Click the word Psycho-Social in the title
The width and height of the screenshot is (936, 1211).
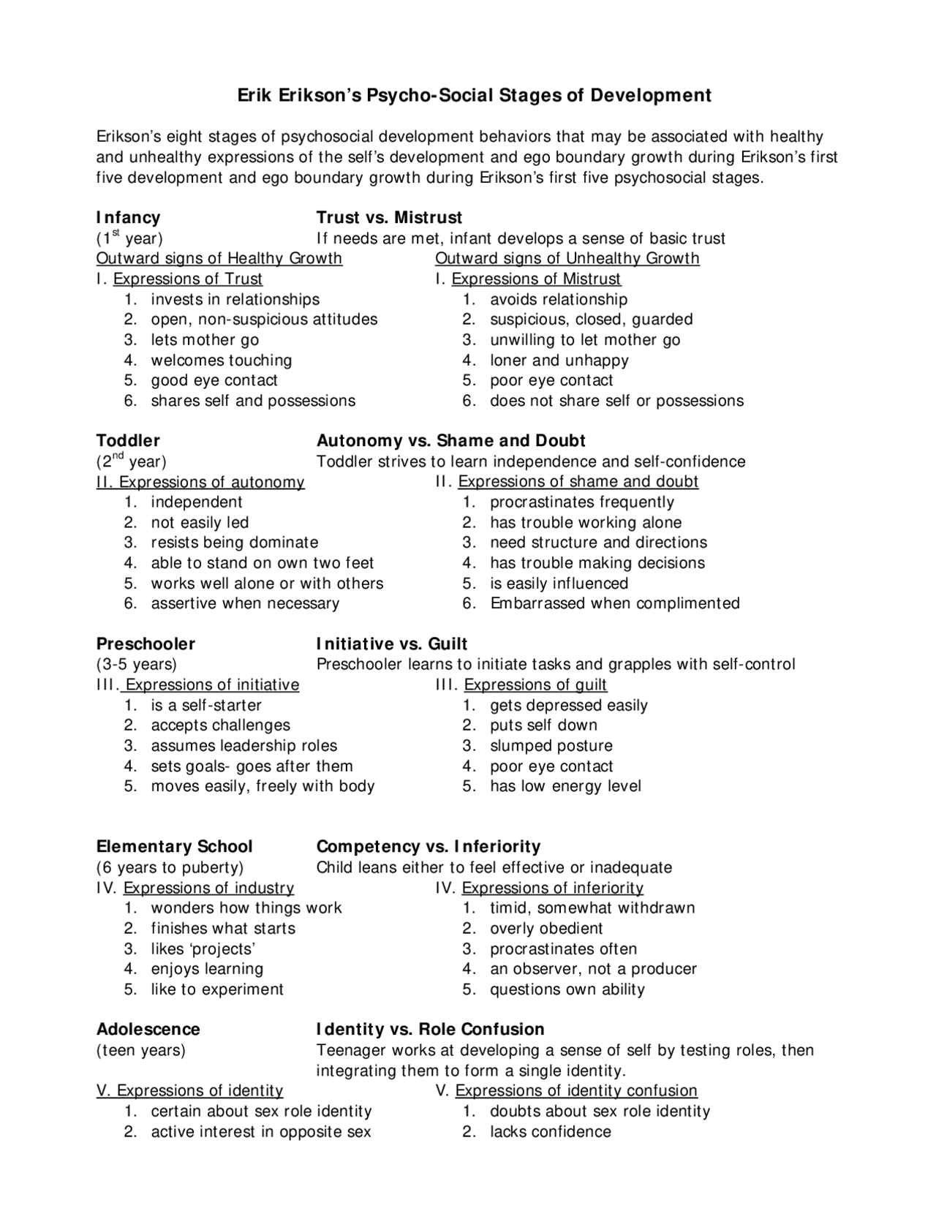[430, 95]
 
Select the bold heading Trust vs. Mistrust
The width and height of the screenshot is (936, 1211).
[389, 217]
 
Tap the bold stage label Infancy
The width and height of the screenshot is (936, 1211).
[128, 217]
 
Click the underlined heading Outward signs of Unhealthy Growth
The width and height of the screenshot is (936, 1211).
[567, 258]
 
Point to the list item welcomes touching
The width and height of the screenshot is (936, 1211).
[221, 360]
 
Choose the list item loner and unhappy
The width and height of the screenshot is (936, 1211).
[559, 360]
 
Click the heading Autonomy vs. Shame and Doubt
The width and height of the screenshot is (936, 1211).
[450, 440]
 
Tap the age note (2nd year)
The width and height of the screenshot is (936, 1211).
[131, 461]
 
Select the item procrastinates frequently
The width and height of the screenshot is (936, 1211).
[581, 502]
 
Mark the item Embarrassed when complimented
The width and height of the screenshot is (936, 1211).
[614, 603]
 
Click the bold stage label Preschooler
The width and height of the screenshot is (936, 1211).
[146, 644]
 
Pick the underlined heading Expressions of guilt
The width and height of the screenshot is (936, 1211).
[535, 684]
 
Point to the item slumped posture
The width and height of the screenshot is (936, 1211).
[551, 746]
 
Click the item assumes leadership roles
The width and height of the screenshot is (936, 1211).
[244, 746]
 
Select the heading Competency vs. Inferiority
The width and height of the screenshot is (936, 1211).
[428, 846]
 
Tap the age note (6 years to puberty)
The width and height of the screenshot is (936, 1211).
[170, 867]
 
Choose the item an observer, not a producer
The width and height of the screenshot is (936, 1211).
[593, 969]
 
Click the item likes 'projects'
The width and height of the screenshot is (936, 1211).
[203, 948]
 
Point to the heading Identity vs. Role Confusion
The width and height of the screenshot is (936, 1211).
[430, 1029]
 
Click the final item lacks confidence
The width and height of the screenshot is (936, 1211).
[550, 1131]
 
